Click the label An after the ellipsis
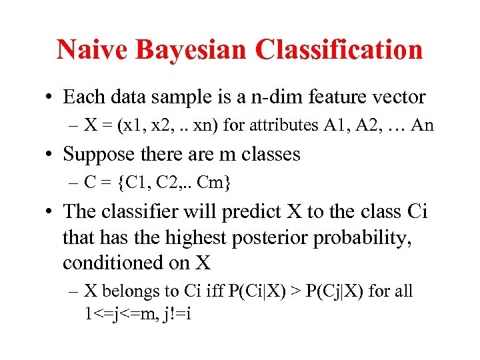[422, 125]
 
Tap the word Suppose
[95, 154]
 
